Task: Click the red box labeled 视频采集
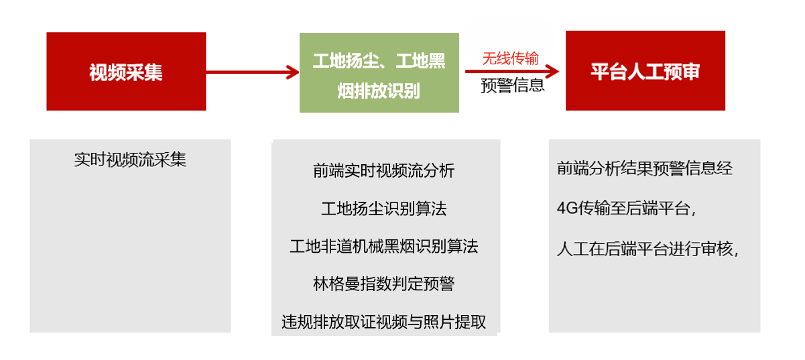(126, 71)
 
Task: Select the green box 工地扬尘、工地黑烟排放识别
(379, 72)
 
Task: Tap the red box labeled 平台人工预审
(645, 70)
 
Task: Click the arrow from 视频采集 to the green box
(253, 72)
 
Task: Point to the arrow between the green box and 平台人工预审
(512, 71)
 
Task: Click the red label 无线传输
(510, 58)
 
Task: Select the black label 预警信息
(513, 86)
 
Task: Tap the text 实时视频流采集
(130, 160)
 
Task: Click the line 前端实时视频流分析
(384, 171)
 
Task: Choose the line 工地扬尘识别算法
(384, 208)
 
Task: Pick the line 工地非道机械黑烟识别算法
(384, 247)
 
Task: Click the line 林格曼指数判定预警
(384, 284)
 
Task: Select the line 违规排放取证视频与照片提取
(384, 322)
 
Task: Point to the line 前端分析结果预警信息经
(645, 168)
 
